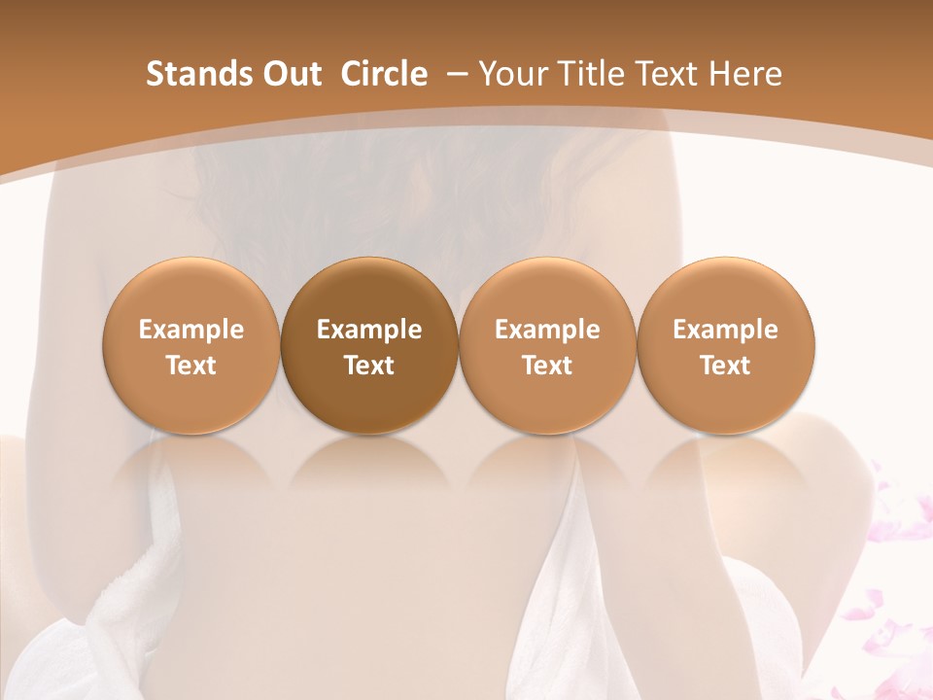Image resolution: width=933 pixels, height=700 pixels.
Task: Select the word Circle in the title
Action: [x=384, y=74]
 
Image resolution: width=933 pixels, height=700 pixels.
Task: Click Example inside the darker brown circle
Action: [x=369, y=330]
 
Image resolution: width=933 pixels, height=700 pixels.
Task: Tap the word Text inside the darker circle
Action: [x=369, y=366]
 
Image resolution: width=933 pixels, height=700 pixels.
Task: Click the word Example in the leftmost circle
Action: [x=190, y=330]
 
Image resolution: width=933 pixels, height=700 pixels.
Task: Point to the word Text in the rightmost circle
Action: [x=725, y=366]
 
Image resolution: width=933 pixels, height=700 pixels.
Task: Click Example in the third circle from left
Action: [x=547, y=330]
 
